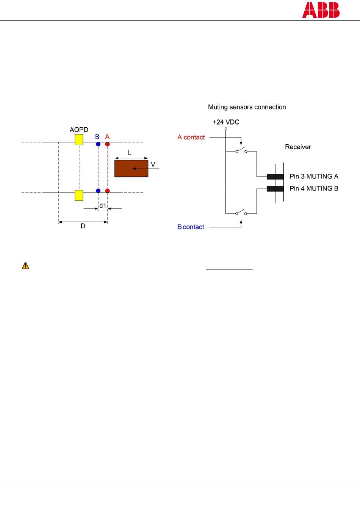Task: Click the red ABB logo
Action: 321,10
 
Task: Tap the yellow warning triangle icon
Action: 25,265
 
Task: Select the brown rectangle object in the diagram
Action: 131,169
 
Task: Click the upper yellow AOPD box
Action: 79,140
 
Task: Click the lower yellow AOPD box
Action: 79,195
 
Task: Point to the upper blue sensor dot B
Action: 98,144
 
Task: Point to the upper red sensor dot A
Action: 108,144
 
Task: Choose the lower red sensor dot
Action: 108,190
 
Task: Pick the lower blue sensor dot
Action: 98,190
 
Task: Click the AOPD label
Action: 79,130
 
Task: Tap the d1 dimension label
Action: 103,206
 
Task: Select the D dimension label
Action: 83,226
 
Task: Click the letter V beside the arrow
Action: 153,164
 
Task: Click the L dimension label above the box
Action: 129,152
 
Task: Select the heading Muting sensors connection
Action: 247,107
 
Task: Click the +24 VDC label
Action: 226,122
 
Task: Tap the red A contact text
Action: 191,137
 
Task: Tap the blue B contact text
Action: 191,227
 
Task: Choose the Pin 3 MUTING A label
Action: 314,176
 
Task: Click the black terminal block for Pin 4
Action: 275,189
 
